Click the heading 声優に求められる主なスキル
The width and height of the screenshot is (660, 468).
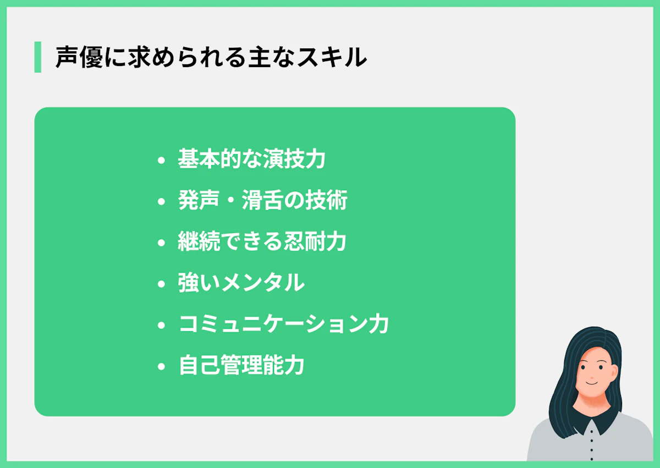[211, 57]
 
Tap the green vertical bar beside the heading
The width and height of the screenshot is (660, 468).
[37, 57]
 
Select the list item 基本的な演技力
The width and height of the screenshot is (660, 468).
[252, 159]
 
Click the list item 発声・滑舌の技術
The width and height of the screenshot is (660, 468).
[262, 201]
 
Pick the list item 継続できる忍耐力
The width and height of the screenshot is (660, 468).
[262, 242]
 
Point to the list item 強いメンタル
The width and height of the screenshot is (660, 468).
[241, 283]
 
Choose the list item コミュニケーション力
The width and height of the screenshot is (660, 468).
[284, 324]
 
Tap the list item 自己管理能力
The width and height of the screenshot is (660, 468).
[241, 366]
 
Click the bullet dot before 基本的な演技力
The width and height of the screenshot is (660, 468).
[161, 161]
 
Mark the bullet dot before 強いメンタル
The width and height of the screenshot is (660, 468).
[161, 284]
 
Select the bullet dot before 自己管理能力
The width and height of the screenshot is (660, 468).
[161, 367]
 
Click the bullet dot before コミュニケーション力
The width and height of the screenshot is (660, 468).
[161, 326]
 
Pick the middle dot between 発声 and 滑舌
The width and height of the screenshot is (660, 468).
[231, 201]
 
